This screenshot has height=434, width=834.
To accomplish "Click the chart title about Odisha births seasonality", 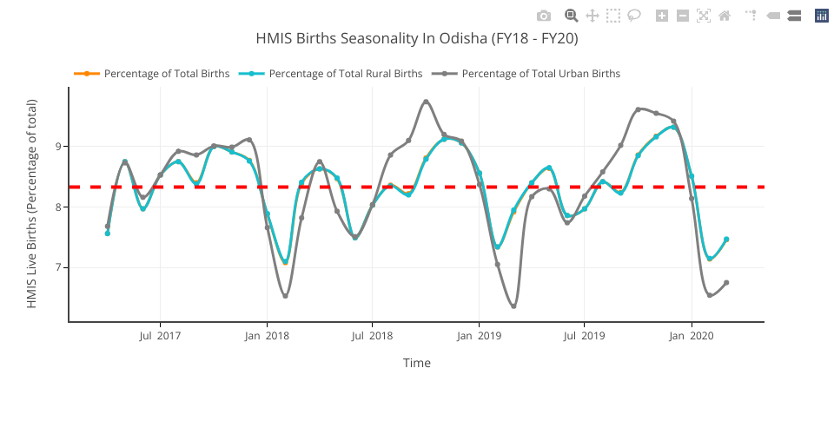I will click(x=417, y=39).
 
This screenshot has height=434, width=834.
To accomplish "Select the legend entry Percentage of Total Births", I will click(x=166, y=74).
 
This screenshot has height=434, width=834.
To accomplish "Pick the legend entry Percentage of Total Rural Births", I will click(x=345, y=74).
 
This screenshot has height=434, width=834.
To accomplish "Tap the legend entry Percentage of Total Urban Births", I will click(x=540, y=74).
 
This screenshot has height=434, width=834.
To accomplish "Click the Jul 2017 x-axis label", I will click(x=160, y=336).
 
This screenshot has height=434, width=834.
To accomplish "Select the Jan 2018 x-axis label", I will click(x=266, y=336).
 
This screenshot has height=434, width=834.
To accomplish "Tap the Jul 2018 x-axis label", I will click(x=372, y=336).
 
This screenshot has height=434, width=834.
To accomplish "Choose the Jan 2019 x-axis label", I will click(x=479, y=336).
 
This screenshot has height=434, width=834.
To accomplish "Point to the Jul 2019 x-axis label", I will click(x=584, y=336).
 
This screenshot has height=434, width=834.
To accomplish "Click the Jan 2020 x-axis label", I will click(x=692, y=336).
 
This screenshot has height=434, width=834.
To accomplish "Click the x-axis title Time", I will click(x=417, y=364).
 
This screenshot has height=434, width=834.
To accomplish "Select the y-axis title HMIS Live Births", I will click(x=32, y=204).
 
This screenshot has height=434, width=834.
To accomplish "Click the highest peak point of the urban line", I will click(x=426, y=102).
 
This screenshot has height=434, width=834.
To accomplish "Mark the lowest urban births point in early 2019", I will click(x=513, y=306).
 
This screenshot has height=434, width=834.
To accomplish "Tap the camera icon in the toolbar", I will click(x=544, y=16).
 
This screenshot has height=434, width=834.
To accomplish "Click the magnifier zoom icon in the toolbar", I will click(x=572, y=16).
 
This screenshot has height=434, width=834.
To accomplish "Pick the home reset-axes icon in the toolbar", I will click(x=725, y=16).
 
